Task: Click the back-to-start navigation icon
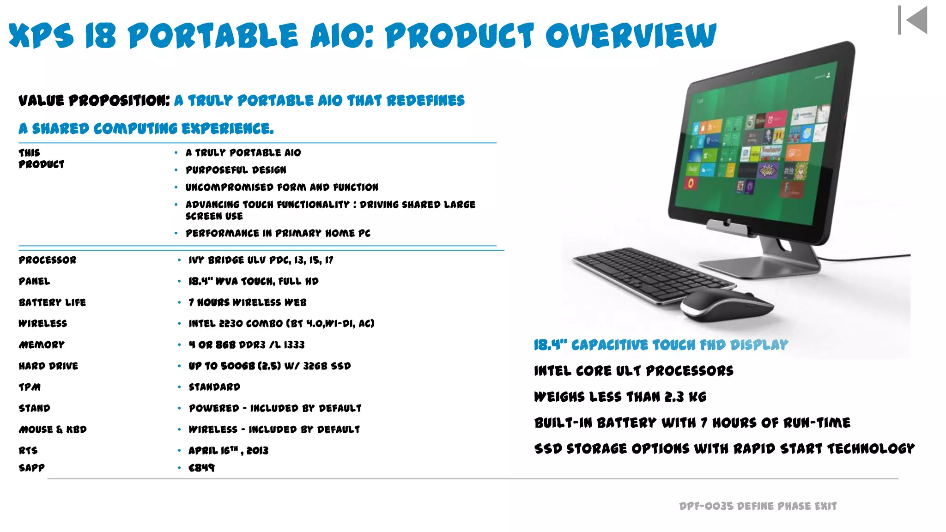(913, 20)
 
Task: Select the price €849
(201, 468)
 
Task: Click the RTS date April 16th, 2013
(228, 450)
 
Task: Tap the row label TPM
(30, 387)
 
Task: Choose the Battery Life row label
(52, 302)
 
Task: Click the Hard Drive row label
(49, 366)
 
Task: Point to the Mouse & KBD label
(53, 429)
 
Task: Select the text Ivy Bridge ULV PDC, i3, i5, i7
(261, 260)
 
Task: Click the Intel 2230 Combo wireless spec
(281, 323)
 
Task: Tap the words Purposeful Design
(236, 170)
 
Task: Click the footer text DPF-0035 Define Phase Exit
(758, 506)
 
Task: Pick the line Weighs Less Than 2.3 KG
(620, 397)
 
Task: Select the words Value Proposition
(94, 100)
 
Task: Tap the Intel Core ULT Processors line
(633, 371)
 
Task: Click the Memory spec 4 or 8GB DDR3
(246, 345)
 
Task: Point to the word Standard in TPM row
(214, 387)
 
